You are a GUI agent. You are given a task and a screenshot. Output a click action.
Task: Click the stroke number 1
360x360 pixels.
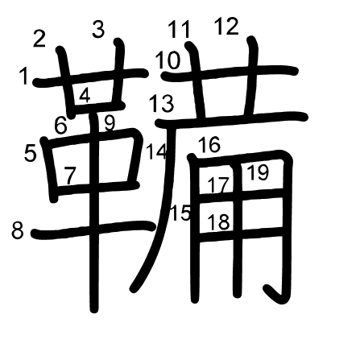(x=24, y=76)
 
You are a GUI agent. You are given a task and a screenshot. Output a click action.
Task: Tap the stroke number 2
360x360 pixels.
(x=39, y=39)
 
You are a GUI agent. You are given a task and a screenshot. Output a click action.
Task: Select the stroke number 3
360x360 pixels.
(x=98, y=29)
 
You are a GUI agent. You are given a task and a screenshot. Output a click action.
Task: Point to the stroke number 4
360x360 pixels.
(x=85, y=95)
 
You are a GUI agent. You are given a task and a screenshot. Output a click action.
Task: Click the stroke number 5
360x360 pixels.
(x=30, y=154)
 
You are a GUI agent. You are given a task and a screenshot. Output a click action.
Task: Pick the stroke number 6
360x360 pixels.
(x=60, y=126)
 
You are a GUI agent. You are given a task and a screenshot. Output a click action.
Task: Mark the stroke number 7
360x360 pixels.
(x=70, y=176)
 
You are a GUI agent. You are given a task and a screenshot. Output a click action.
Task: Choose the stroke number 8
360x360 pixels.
(x=18, y=231)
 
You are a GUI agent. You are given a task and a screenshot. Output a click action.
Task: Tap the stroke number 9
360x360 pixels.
(x=110, y=123)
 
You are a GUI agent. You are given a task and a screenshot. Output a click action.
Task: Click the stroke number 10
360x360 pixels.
(x=168, y=61)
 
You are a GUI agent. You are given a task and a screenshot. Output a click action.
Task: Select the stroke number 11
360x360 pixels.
(x=180, y=30)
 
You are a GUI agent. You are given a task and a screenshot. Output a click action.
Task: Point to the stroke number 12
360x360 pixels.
(x=227, y=27)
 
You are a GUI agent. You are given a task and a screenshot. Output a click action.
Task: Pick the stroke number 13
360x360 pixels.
(x=162, y=104)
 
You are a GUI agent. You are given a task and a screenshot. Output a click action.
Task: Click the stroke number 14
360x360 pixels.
(x=156, y=151)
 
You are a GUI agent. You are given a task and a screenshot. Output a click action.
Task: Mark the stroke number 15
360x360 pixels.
(x=180, y=213)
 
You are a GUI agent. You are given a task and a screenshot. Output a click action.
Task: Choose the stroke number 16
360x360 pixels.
(x=209, y=145)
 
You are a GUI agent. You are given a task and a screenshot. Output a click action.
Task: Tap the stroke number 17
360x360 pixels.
(x=219, y=185)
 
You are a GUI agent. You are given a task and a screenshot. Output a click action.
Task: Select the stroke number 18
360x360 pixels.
(x=219, y=222)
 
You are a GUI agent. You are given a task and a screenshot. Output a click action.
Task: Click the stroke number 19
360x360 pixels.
(x=258, y=172)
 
